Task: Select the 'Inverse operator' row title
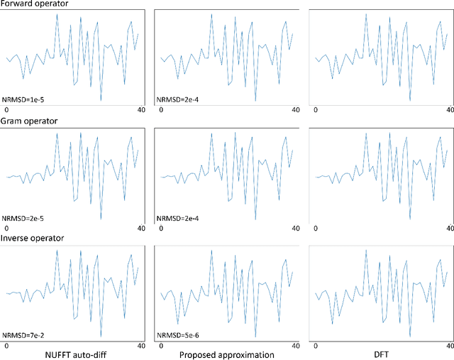[33, 238]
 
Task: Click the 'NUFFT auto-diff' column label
[75, 354]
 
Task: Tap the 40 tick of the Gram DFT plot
[447, 228]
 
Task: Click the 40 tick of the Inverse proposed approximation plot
[295, 345]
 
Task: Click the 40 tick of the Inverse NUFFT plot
[141, 345]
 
